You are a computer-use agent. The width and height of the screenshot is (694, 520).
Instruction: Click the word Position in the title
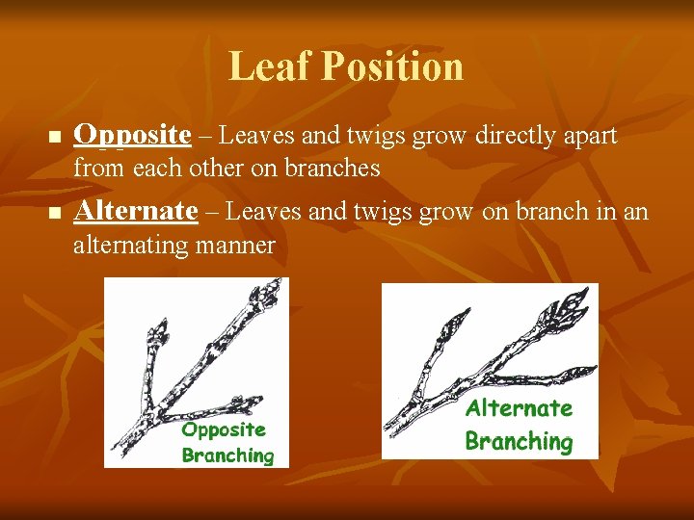pos(392,66)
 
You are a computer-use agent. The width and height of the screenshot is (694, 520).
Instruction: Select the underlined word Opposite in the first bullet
pos(133,137)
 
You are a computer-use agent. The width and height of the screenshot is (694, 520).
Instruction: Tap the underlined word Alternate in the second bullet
pos(136,211)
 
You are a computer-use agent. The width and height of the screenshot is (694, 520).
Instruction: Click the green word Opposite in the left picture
pos(224,429)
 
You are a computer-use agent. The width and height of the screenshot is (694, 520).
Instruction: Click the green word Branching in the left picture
pos(228,455)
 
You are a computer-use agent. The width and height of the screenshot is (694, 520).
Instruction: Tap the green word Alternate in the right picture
pos(519,408)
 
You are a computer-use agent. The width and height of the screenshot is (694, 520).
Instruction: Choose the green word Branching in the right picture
pos(519,442)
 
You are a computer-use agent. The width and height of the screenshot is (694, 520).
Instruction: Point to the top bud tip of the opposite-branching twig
pos(278,285)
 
